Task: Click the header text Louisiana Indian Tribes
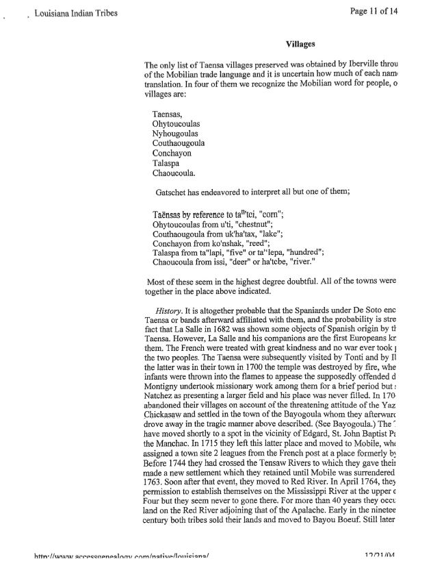tap(63, 13)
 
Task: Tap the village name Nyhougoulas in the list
tap(176, 134)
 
